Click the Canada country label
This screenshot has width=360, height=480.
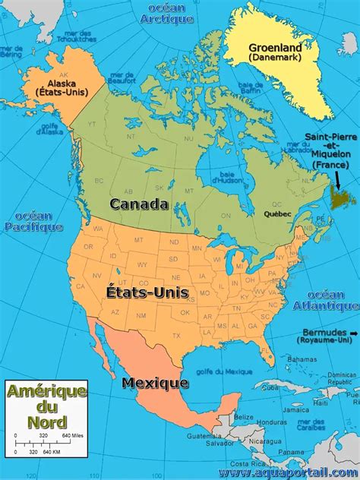139,204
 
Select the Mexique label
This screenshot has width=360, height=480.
155,382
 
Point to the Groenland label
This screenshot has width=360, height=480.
275,48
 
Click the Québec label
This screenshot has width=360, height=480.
277,214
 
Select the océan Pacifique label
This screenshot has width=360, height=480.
33,221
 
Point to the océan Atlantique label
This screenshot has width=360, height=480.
332,299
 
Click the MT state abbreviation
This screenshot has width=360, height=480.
138,240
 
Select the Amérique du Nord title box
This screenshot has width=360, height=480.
46,405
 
